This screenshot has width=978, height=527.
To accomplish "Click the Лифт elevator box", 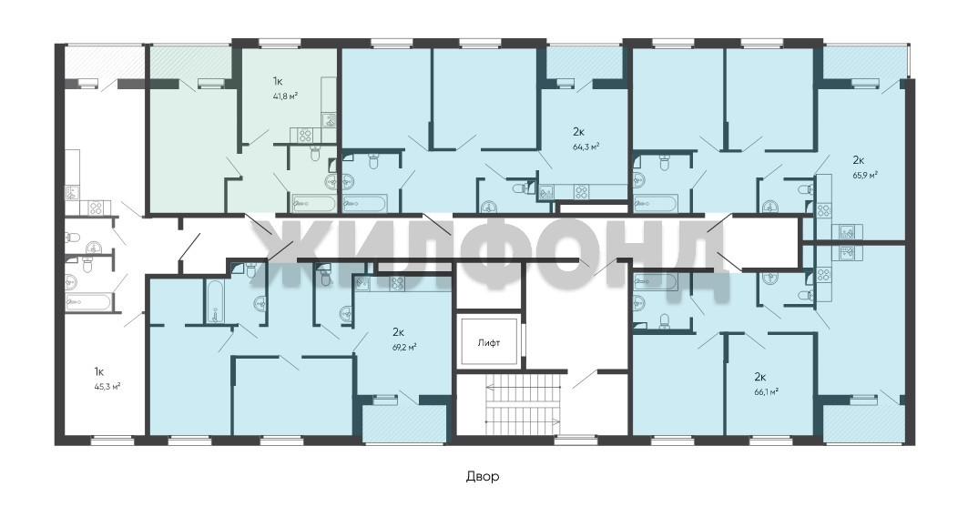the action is coord(488,342).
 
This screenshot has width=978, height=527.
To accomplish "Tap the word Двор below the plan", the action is coord(483,476).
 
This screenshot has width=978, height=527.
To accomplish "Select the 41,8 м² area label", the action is coord(285,96).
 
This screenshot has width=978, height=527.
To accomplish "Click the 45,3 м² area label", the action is coord(107,386).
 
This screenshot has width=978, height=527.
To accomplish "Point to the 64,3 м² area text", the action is coord(586,147).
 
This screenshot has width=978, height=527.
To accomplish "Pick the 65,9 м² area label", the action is coord(866,175).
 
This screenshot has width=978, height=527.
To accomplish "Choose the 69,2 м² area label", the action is coord(405,348).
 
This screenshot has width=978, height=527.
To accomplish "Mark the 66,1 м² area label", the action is coord(767,391).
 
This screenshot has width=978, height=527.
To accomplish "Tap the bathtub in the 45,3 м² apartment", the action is coord(88,302).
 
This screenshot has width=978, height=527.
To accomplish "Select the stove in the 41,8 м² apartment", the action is coord(304,135).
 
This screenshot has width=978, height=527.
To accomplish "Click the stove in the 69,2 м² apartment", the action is coord(398,284).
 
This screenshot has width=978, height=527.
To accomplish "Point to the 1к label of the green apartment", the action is coord(278,81).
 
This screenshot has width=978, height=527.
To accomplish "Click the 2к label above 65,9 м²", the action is coord(858,159).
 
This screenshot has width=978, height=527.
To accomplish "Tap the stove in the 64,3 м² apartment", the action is coord(581,192).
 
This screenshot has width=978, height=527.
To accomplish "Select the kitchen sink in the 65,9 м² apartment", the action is coord(847,232).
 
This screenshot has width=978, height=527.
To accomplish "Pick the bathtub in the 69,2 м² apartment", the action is coord(214,302).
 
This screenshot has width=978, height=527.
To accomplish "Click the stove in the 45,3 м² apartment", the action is coord(96,207).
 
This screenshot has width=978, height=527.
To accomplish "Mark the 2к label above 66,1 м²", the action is coord(759,377).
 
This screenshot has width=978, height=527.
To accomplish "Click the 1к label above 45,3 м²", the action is coord(99,371).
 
